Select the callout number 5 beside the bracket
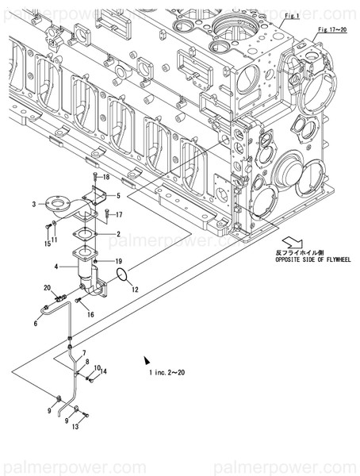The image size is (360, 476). tap(118, 195)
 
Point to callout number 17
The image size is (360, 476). tap(119, 214)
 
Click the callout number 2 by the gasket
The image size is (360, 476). tap(118, 234)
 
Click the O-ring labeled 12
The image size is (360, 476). tap(121, 274)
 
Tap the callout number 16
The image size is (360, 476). tap(90, 314)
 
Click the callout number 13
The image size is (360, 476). tap(75, 426)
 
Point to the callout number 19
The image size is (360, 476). tap(117, 261)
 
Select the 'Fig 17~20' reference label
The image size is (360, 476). tap(331, 29)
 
